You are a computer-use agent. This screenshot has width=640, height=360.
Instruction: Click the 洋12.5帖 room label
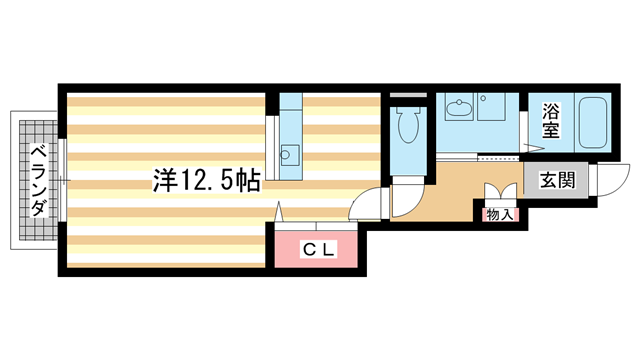pyautogui.click(x=207, y=181)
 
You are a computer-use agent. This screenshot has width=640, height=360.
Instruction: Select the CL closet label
pyautogui.click(x=319, y=250)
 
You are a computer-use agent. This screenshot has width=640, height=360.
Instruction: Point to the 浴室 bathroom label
pyautogui.click(x=551, y=121)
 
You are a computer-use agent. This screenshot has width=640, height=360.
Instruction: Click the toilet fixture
pyautogui.click(x=407, y=127)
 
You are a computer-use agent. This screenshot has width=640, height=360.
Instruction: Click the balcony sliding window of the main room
pyautogui.click(x=63, y=180)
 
